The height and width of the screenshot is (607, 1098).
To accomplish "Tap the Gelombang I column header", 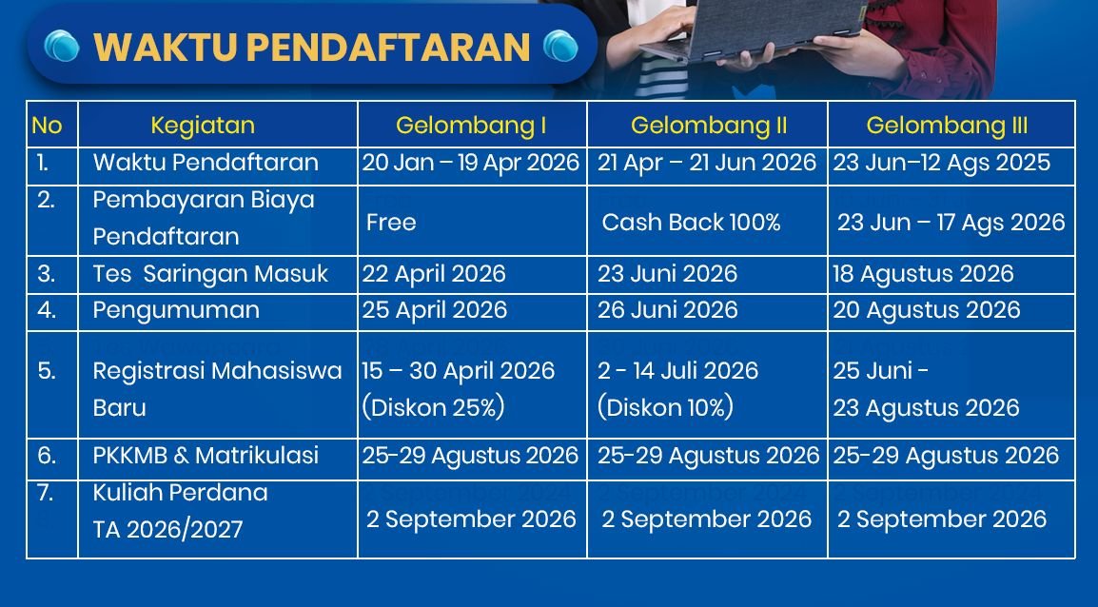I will point(471,126).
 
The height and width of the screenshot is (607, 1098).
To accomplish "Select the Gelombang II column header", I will point(709,126).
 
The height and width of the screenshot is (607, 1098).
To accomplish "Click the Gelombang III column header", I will point(947,126).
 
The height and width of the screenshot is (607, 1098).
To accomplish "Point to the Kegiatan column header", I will point(203,126).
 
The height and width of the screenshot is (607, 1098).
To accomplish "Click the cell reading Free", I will point(391,223).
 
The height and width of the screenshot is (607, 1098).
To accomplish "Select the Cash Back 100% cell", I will point(691,223).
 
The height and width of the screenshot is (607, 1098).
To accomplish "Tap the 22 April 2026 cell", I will point(434,274).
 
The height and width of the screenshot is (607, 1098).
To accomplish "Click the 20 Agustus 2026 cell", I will point(927,310).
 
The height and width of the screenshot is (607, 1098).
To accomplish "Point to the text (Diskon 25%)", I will point(433,408).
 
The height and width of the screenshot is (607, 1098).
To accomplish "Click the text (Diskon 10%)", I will point(666,408).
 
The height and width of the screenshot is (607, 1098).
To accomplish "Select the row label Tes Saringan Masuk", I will point(210,274).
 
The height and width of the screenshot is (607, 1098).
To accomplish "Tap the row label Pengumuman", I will point(176,310).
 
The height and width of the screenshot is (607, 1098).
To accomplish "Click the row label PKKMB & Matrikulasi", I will point(206,456).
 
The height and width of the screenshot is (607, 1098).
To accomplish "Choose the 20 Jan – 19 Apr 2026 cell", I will point(471,163).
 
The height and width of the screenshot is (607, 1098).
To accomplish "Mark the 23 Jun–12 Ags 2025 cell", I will point(942,163).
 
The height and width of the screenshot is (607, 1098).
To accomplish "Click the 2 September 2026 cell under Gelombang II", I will point(707,519).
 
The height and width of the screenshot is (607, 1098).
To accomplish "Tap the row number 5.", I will point(47,371).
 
